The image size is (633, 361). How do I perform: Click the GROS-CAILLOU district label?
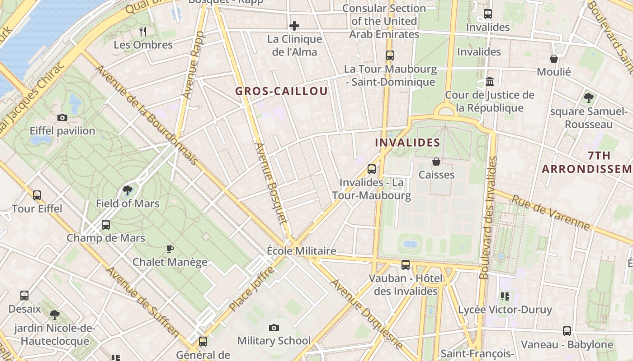[x=281, y=91]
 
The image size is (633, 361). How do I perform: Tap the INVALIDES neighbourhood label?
[x=407, y=143]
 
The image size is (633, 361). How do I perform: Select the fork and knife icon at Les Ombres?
[x=143, y=31]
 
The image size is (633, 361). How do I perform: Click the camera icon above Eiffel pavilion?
[x=62, y=118]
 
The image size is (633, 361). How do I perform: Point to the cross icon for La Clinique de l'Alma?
[x=294, y=26]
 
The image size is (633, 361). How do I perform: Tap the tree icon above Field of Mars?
[x=128, y=190]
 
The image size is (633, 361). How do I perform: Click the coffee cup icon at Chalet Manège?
[x=170, y=249]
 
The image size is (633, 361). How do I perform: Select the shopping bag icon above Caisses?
[x=436, y=161]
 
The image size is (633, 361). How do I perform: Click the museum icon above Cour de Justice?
[x=489, y=82]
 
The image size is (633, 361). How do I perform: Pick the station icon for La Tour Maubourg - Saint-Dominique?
[x=390, y=56]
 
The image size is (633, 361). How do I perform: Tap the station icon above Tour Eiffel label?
[x=37, y=195]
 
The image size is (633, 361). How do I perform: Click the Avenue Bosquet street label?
[x=271, y=183]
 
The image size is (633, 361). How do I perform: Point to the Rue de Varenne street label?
[x=550, y=212]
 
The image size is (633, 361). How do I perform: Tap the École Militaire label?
[x=301, y=251]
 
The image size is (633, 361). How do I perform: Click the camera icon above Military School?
[x=274, y=328]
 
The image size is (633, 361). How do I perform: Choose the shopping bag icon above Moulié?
[x=554, y=59]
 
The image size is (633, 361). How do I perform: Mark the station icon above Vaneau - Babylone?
[x=567, y=331]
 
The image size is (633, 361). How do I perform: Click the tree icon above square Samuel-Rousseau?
[x=588, y=97]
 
